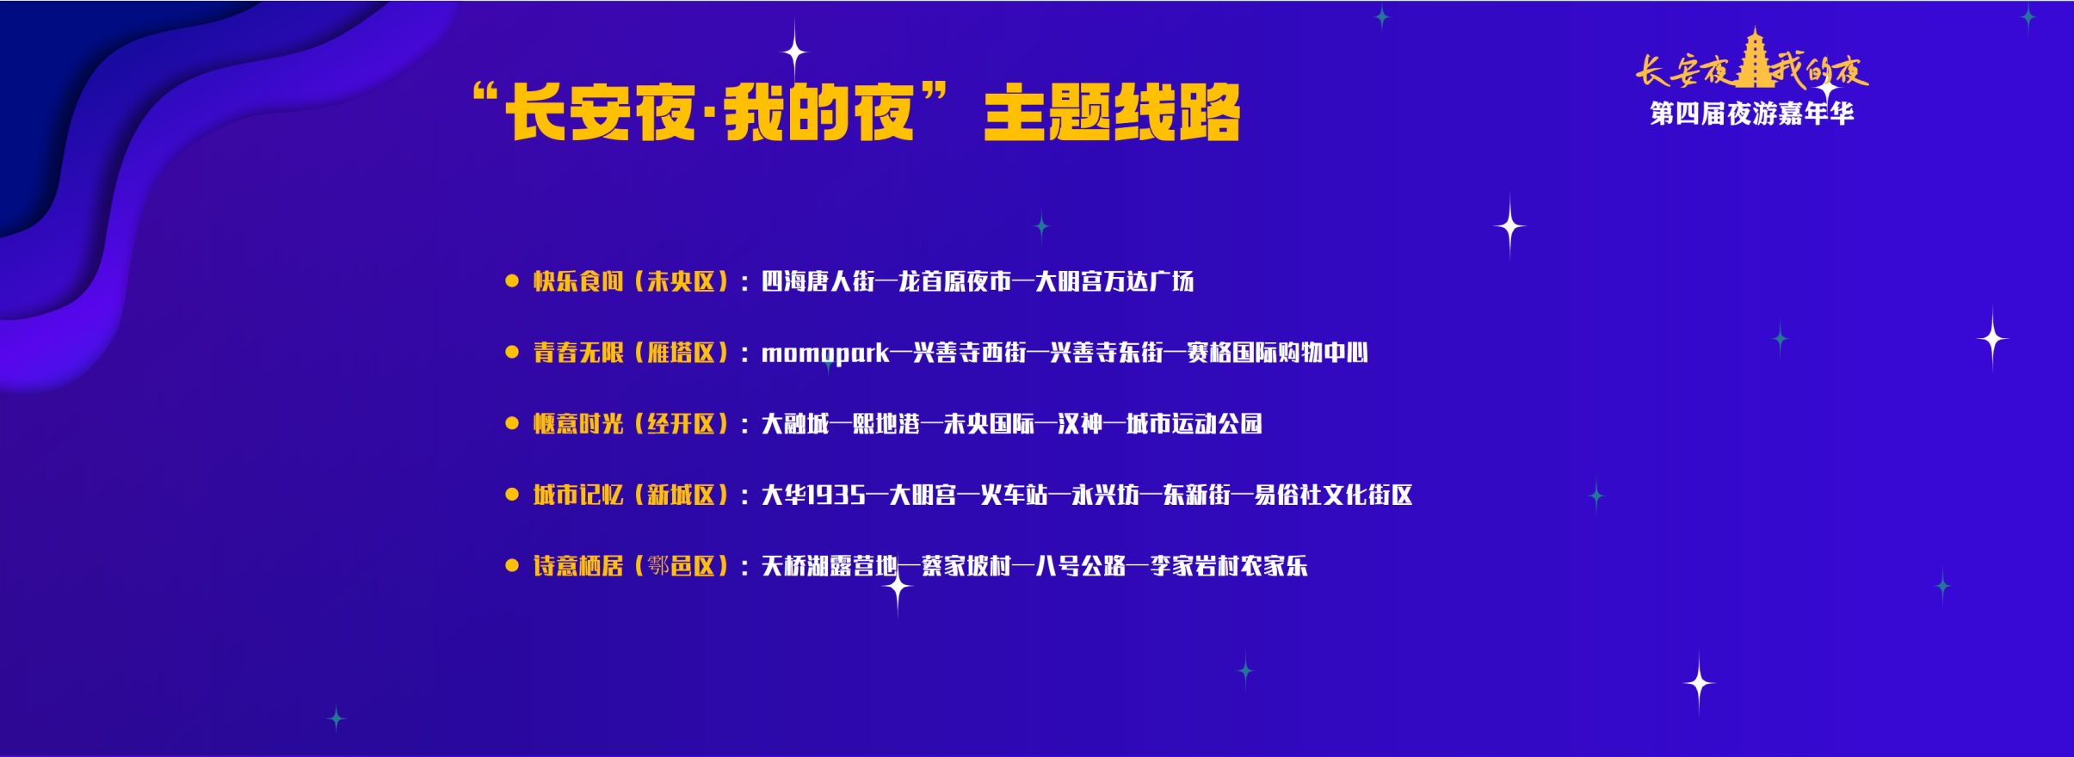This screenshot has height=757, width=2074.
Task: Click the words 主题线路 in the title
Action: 1112,113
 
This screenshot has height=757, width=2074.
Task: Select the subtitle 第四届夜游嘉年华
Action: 1752,114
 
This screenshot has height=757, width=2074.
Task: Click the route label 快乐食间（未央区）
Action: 632,281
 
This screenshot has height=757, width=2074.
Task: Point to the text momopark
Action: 825,354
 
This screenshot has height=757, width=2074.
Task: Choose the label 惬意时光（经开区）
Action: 632,424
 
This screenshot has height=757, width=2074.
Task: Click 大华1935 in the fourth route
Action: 813,495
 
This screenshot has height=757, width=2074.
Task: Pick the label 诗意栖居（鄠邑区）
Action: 632,566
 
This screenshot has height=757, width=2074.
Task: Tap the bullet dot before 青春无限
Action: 512,352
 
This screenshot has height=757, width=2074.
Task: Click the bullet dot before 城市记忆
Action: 512,495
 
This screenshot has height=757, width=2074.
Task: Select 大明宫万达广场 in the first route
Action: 1114,281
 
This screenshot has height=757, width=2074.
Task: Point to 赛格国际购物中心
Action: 1278,353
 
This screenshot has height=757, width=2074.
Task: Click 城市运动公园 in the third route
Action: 1194,424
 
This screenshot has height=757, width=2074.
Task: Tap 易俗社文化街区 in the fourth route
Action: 1333,495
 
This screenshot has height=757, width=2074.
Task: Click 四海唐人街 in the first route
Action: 818,281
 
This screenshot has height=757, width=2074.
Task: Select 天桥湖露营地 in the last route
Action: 830,566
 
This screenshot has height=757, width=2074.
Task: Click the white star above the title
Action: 794,52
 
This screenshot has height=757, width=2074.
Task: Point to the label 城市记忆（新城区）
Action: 632,495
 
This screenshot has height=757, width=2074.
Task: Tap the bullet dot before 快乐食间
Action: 512,280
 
